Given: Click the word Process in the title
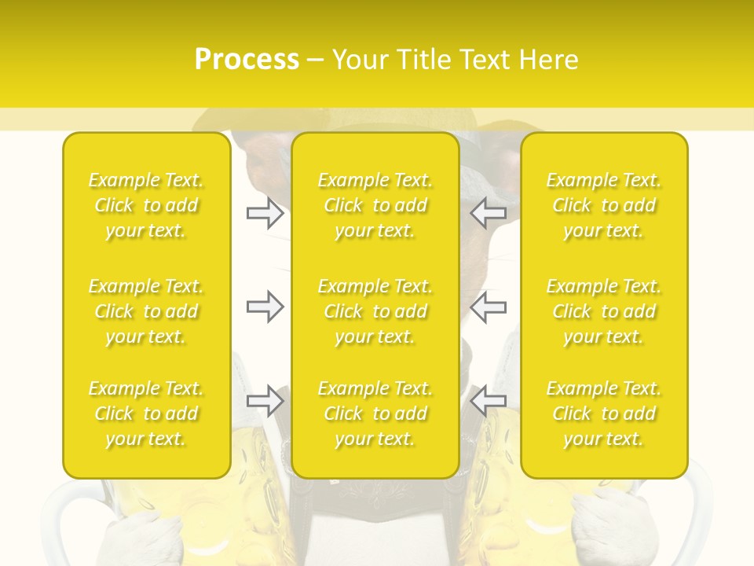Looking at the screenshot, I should click(x=247, y=60).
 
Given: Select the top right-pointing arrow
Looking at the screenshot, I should click(x=265, y=213).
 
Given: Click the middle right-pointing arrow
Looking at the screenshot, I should click(x=265, y=307).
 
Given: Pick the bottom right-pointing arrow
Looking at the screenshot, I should click(x=265, y=400).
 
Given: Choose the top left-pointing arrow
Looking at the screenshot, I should click(x=489, y=213).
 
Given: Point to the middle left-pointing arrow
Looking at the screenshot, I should click(x=489, y=307).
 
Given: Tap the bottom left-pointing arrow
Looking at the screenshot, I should click(x=489, y=400).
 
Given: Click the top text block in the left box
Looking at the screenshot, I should click(x=146, y=205).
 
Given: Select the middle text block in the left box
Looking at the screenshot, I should click(x=146, y=311).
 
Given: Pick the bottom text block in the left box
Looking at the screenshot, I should click(x=146, y=413).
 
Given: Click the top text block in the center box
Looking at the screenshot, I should click(x=375, y=205).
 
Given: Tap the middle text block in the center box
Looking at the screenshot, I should click(x=375, y=311).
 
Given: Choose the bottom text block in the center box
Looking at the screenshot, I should click(x=375, y=413).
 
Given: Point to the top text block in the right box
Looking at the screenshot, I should click(x=603, y=205).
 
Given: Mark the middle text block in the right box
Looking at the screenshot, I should click(x=603, y=311).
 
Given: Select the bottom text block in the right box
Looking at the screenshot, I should click(x=603, y=413).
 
